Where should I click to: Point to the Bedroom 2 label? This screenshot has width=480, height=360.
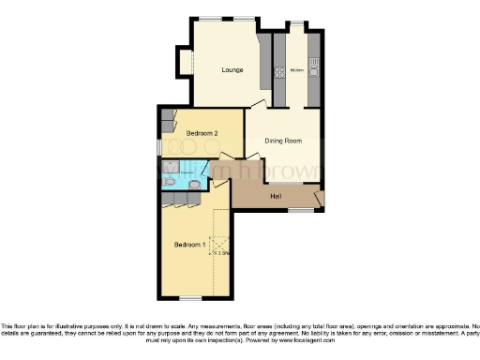point(202,133)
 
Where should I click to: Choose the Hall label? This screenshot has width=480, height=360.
point(277,196)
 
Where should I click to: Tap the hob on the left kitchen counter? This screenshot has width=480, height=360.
point(278,72)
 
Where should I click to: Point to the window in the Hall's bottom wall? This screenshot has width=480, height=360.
point(300,211)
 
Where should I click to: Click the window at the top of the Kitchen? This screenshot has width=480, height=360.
point(296,23)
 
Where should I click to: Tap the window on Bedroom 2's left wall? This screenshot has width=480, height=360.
point(157,147)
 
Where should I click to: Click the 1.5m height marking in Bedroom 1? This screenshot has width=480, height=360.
point(222,252)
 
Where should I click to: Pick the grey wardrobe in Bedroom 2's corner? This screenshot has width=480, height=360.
point(167,120)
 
